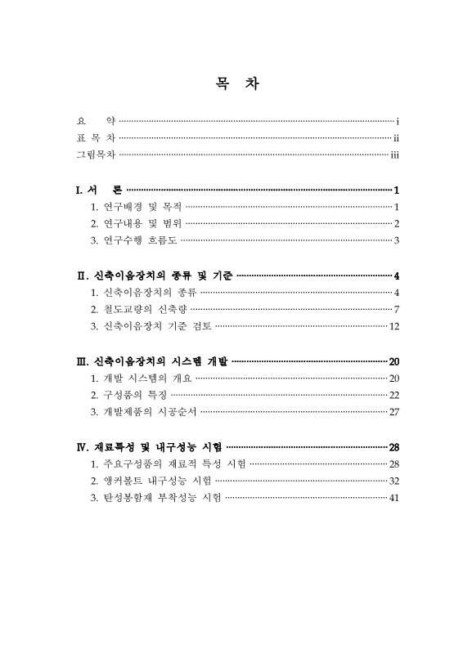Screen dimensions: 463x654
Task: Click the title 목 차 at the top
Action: [x=231, y=84]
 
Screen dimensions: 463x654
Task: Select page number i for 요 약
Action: [x=396, y=122]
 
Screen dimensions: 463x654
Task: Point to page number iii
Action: [x=394, y=154]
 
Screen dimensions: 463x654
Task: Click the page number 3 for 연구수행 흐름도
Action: [x=396, y=240]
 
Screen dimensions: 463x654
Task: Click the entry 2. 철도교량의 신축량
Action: [x=138, y=309]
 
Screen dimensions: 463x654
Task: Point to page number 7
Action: [x=396, y=309]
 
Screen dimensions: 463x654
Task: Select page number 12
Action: [x=393, y=326]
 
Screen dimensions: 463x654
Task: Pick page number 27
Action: [x=393, y=411]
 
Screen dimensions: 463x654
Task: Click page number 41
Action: [x=393, y=497]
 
